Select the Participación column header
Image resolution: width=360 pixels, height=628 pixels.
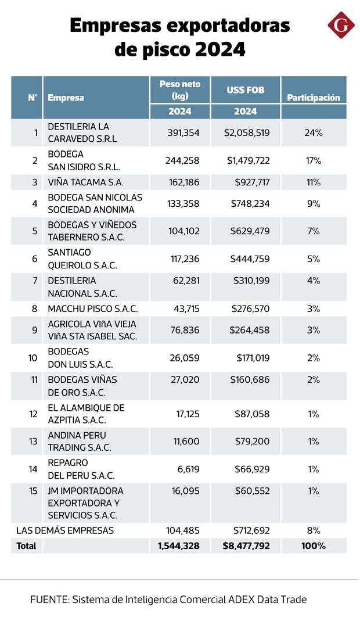pyautogui.click(x=314, y=98)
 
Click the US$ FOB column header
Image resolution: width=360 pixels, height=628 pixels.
pyautogui.click(x=245, y=90)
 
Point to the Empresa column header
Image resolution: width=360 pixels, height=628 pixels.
pyautogui.click(x=66, y=98)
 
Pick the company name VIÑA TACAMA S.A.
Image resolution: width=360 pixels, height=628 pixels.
pyautogui.click(x=86, y=182)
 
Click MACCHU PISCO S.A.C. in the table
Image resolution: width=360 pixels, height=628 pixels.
pyautogui.click(x=93, y=309)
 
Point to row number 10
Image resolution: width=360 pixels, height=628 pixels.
pyautogui.click(x=33, y=358)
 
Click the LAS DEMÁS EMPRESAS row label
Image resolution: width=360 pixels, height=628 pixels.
pyautogui.click(x=65, y=530)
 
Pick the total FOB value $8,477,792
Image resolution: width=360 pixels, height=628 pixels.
pyautogui.click(x=246, y=546)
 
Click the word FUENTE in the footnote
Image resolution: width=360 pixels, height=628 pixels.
pyautogui.click(x=49, y=600)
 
